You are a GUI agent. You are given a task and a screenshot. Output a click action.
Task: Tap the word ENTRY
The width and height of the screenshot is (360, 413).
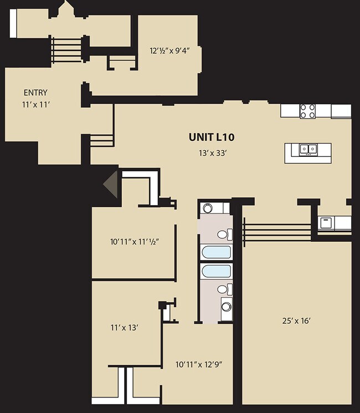(x=35, y=93)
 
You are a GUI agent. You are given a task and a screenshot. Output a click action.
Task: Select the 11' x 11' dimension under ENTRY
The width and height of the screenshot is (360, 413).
(x=35, y=104)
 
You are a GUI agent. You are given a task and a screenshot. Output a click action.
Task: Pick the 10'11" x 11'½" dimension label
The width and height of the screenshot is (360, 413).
(x=135, y=241)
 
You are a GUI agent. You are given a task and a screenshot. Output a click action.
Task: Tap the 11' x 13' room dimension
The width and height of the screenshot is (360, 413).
(x=124, y=327)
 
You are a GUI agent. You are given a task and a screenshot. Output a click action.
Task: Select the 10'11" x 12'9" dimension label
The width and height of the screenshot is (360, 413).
(x=199, y=364)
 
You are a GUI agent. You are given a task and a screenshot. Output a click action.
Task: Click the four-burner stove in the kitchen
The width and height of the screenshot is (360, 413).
(x=307, y=111)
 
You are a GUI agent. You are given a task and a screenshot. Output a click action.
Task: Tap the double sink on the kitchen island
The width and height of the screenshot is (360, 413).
(x=308, y=149)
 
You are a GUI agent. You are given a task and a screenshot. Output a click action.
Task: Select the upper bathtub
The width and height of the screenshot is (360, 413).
(x=215, y=252)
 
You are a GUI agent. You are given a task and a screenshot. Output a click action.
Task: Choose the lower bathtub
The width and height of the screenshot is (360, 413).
(x=215, y=272)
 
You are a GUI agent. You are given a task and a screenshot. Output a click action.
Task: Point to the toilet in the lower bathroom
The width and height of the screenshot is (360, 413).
(x=223, y=289)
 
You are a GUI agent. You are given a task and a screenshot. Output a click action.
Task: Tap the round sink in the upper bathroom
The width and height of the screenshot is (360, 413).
(x=208, y=208)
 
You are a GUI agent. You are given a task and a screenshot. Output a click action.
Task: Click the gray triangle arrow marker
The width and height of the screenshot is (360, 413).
(x=111, y=184)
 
